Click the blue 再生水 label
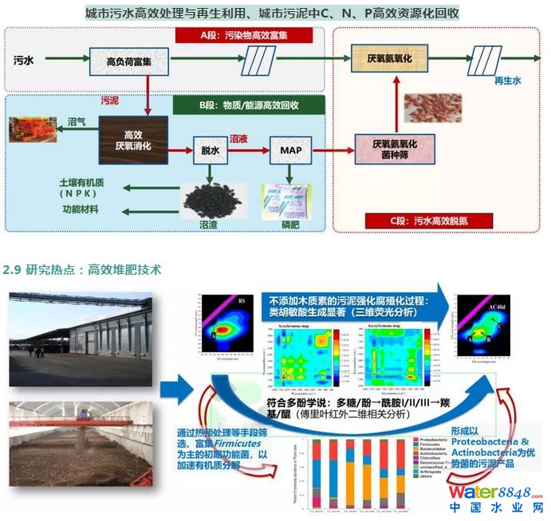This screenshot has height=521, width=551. (508, 81)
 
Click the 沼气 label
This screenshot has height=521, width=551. (77, 123)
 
